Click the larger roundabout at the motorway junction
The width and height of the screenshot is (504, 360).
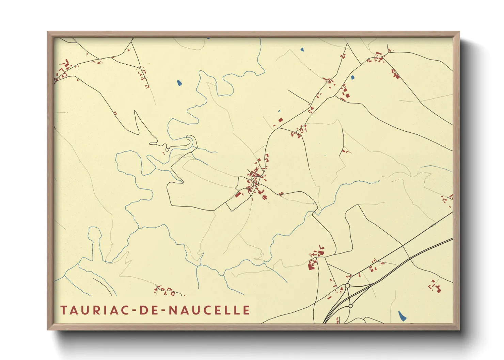(347, 286)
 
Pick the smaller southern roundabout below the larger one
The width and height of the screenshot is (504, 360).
(350, 306)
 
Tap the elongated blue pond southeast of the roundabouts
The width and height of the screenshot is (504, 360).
(402, 316)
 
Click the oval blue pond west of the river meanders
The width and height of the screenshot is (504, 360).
(179, 83)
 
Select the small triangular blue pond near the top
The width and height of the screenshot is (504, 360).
(302, 50)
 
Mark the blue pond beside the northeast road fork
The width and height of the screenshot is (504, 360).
(353, 77)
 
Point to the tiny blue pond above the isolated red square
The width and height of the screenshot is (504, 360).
(279, 111)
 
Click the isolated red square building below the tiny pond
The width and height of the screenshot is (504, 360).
(281, 120)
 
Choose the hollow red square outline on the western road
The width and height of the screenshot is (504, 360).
(115, 113)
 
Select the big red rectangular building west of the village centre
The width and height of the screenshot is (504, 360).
(238, 195)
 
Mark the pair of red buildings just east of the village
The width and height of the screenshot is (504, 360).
(281, 194)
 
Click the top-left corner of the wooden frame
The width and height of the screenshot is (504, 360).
(48, 32)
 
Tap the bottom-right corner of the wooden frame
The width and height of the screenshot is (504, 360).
(459, 329)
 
